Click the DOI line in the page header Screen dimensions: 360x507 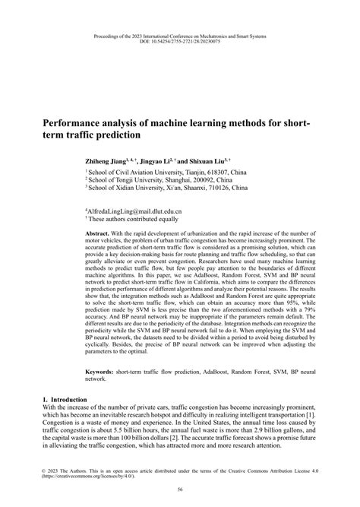179,42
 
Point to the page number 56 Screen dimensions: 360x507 179,493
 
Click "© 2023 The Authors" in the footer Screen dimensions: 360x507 65,469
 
